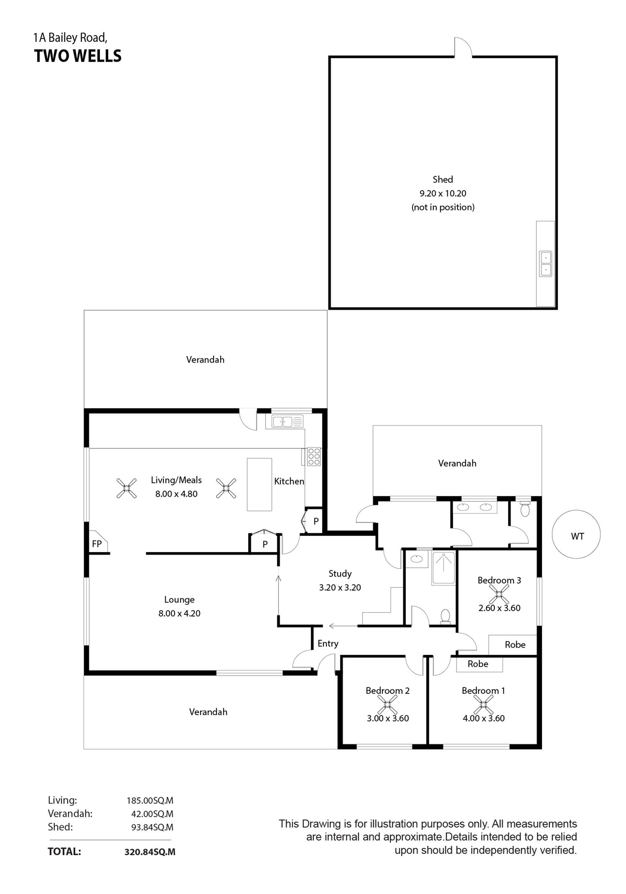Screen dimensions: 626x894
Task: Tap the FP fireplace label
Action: pyautogui.click(x=97, y=544)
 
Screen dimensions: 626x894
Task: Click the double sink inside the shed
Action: pyautogui.click(x=545, y=264)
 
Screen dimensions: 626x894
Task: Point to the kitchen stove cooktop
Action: pyautogui.click(x=314, y=456)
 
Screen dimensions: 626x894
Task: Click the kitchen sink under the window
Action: pyautogui.click(x=288, y=421)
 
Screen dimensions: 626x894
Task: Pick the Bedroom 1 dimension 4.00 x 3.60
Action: pyautogui.click(x=484, y=718)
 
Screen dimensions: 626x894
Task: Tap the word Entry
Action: pyautogui.click(x=328, y=643)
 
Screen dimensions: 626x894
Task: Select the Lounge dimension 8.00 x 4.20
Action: pyautogui.click(x=179, y=613)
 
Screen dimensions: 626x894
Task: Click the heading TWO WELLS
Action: pyautogui.click(x=78, y=56)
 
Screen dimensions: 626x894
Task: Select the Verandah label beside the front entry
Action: pyautogui.click(x=208, y=712)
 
